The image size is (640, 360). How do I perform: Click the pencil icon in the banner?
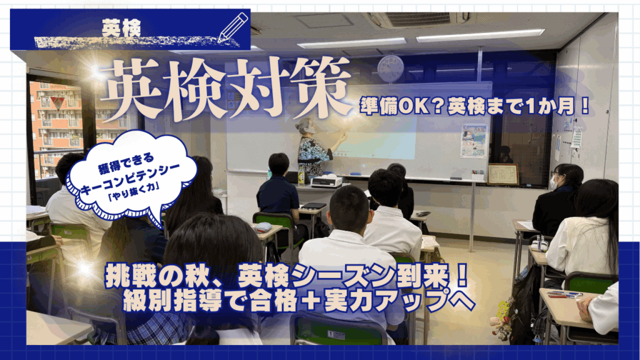coord(233,27)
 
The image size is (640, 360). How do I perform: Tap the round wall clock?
coord(390,68)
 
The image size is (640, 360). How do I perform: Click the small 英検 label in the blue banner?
coord(121,29)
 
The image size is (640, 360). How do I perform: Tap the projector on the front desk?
coord(326,182)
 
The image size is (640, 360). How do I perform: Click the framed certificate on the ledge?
coord(503,174)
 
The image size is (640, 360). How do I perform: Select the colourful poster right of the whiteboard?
coord(474,141)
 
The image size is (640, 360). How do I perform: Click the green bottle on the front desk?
coord(302,176)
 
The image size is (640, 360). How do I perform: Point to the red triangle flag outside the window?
coord(56,104)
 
